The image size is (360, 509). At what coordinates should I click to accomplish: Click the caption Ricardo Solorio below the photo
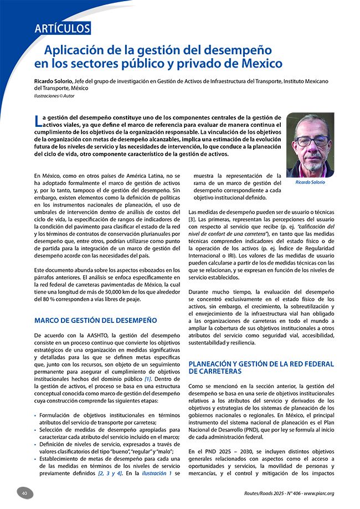[x=310, y=182]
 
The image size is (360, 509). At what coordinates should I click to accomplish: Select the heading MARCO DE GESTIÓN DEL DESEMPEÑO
[x=96, y=320]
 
